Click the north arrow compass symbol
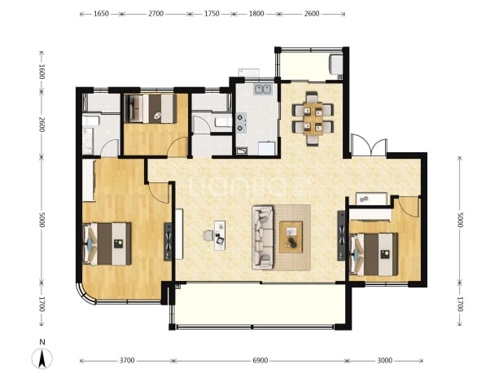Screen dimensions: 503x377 (42, 357)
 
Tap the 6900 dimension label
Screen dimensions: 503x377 (260, 361)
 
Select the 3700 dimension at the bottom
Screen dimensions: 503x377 (127, 361)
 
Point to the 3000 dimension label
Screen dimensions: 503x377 (385, 361)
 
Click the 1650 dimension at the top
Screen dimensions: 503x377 (102, 14)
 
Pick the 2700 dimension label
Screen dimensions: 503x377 (156, 14)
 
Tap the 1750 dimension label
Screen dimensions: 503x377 (212, 14)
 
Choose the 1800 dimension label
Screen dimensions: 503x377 (256, 14)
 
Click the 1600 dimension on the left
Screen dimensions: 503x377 (42, 72)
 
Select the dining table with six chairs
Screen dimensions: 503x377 (313, 119)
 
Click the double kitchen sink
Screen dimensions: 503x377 (264, 90)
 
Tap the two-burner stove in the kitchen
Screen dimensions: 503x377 (241, 122)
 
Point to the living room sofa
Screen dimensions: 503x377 (263, 238)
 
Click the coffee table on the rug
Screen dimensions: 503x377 (291, 237)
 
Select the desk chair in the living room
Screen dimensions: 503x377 (208, 236)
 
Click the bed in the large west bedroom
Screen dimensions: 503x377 (107, 243)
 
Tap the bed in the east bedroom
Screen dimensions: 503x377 (374, 254)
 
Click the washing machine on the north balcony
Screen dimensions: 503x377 (336, 65)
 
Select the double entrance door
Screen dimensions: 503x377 (369, 146)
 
